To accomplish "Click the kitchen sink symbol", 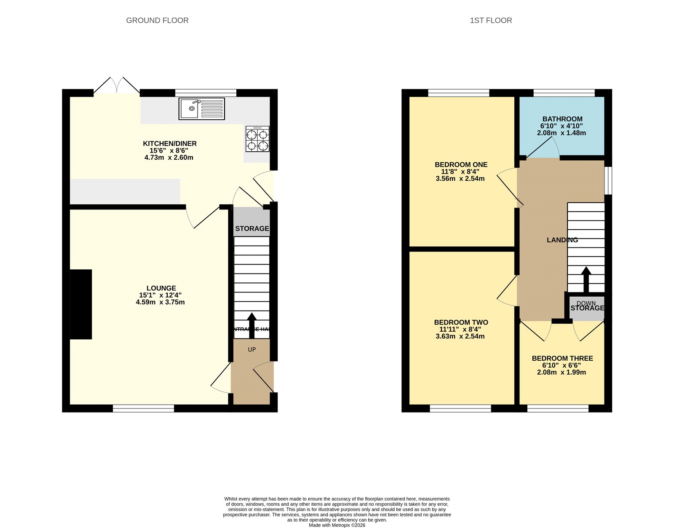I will coord(201,109).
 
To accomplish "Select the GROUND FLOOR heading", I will coord(157,20).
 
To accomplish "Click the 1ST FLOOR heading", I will coord(491,20).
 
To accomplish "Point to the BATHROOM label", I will coord(562,119).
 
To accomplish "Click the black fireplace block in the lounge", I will coord(81,304).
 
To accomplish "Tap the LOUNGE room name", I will coord(161,288).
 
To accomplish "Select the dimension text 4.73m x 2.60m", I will coord(168,158).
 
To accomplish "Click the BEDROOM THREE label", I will coord(562,358).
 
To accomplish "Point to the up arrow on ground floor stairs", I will coord(251,325).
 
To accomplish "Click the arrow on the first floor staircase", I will coord(586,279).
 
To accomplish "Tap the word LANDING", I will coord(562,240).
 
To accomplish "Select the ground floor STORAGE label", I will coord(252,228).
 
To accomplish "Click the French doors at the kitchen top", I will coord(117,86).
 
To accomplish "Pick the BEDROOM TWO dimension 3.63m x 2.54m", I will coord(460,336).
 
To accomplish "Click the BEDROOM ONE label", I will coord(461,165).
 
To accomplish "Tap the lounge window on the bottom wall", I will coord(143,408).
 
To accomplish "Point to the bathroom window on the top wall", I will coord(564,93).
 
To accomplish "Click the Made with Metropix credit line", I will coord(337,525).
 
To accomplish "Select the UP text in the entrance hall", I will coord(251,349).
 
